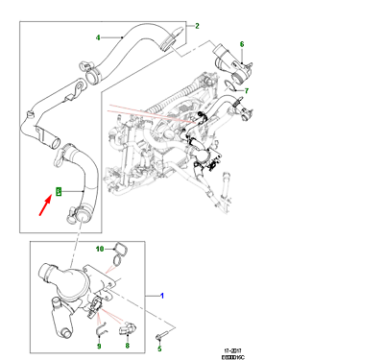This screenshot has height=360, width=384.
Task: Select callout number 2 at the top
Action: tap(197, 26)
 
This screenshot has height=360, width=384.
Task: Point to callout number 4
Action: tap(97, 38)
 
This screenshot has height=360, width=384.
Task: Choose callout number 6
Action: tap(242, 44)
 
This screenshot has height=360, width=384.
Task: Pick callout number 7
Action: tap(246, 91)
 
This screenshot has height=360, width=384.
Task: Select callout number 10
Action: tap(98, 248)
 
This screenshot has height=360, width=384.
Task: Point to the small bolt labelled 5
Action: tap(161, 335)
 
